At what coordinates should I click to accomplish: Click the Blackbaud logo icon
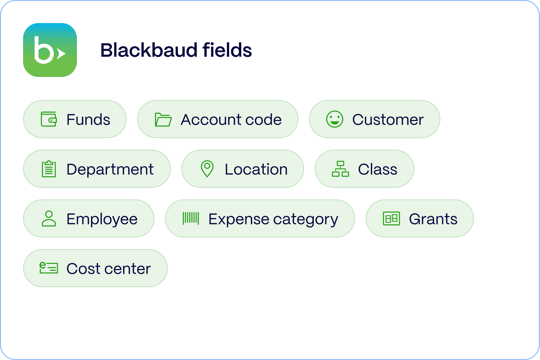click(50, 50)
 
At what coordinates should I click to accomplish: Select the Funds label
click(88, 120)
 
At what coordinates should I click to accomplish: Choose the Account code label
click(231, 120)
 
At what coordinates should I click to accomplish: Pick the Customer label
click(388, 120)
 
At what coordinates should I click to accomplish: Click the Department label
click(110, 169)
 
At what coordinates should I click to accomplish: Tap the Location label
click(256, 169)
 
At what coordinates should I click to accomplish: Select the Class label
click(378, 169)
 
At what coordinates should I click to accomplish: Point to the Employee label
click(102, 219)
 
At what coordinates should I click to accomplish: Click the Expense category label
click(273, 219)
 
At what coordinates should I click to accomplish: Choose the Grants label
click(433, 219)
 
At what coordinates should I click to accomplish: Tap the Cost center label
click(108, 269)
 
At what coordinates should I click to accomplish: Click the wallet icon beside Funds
click(49, 120)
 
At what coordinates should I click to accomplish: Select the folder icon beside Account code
click(163, 120)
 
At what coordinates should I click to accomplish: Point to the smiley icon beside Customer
click(335, 119)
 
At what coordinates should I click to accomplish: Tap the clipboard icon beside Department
click(49, 170)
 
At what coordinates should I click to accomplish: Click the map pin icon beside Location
click(207, 169)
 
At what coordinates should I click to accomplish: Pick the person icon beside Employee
click(49, 219)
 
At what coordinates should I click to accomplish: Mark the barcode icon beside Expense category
click(191, 218)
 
